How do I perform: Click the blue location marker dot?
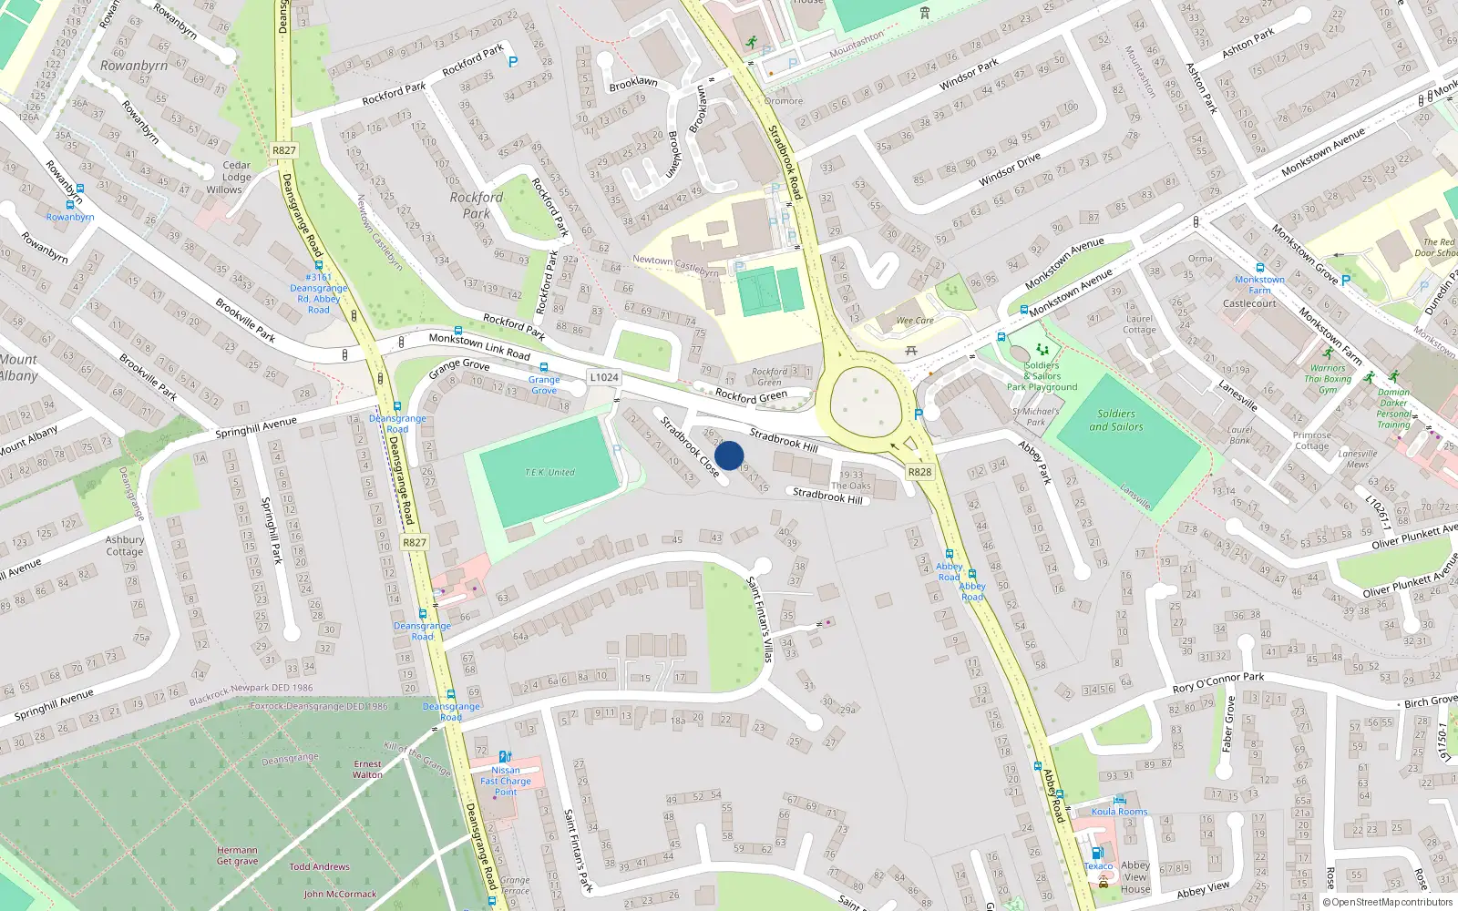729,455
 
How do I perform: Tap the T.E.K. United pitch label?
549,472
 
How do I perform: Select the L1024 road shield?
603,377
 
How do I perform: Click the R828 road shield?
919,471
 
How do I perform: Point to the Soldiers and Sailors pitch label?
1115,420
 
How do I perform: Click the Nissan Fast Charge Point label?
506,781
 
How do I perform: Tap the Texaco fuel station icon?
1097,854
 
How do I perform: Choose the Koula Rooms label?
1119,811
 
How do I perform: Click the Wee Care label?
915,320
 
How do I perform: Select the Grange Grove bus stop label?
544,384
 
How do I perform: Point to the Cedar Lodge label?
236,171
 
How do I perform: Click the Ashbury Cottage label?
125,546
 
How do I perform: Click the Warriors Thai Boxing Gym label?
1328,379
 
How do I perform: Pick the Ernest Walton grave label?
367,769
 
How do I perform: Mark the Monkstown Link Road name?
479,346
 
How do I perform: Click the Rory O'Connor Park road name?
1218,682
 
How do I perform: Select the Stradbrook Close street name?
689,445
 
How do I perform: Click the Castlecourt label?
1249,303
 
